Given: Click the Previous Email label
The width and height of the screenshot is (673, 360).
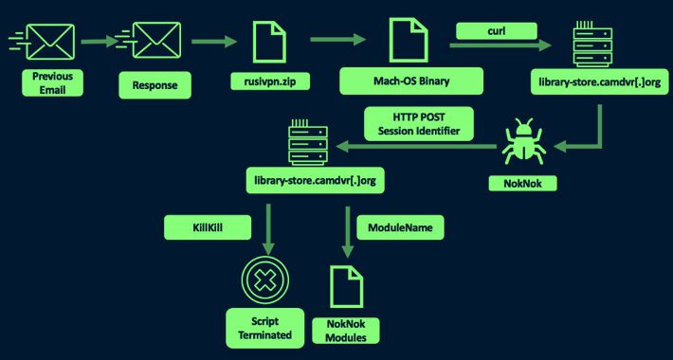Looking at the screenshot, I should pyautogui.click(x=52, y=81).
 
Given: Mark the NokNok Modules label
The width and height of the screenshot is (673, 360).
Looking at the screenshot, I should pyautogui.click(x=346, y=331).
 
